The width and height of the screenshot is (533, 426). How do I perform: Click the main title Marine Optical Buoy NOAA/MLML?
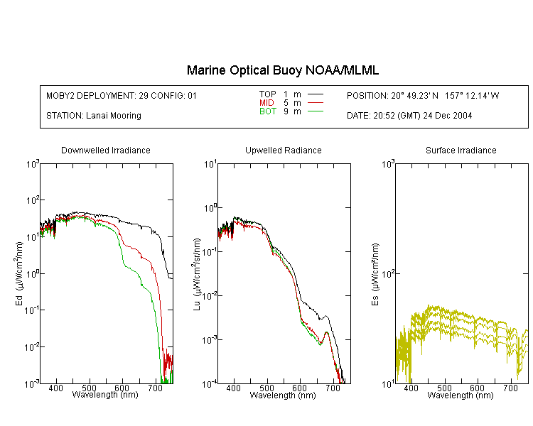282,70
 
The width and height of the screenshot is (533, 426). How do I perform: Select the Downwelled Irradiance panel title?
106,150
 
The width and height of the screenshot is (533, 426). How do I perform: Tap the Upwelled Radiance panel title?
284,150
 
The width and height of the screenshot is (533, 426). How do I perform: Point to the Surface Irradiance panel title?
461,150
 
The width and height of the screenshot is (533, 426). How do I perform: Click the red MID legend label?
266,103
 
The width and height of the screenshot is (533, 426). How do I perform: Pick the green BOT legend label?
267,111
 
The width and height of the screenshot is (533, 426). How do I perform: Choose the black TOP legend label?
267,94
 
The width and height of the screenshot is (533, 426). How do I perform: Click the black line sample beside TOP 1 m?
315,94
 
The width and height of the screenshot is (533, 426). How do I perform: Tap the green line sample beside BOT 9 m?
315,111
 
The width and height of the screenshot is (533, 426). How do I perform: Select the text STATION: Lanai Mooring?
94,116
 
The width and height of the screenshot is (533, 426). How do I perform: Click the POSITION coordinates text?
423,95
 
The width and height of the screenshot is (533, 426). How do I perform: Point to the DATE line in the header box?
409,116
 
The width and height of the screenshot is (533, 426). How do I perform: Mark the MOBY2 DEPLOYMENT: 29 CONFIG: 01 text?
122,95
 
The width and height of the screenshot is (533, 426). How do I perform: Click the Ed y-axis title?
19,273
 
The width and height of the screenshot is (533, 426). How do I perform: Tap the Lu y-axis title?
197,274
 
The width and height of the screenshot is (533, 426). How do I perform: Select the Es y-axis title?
375,274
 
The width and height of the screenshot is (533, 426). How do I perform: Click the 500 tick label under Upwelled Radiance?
266,388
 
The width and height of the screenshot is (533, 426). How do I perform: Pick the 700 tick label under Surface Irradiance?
510,388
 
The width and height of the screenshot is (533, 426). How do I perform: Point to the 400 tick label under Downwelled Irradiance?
55,388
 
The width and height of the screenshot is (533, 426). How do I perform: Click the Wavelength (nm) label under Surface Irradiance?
461,395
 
